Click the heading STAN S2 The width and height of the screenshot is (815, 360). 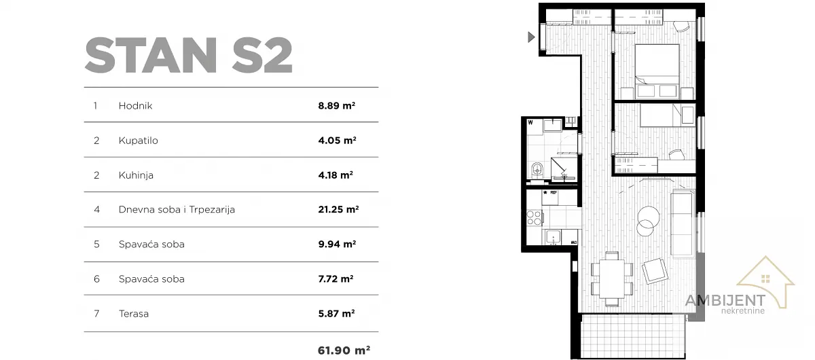click(x=189, y=55)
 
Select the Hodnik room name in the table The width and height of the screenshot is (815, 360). click(x=135, y=106)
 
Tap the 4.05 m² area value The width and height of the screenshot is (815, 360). click(x=337, y=141)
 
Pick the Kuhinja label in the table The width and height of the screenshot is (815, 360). click(x=136, y=175)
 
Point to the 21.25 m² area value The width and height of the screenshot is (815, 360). click(x=338, y=210)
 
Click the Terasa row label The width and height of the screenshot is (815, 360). click(x=134, y=314)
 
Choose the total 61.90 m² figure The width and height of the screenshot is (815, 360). click(x=344, y=350)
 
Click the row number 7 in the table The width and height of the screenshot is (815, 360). click(x=96, y=314)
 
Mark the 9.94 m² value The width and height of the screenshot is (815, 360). click(x=337, y=245)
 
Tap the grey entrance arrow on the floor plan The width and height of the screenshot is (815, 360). click(x=531, y=37)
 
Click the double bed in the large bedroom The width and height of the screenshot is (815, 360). click(x=657, y=71)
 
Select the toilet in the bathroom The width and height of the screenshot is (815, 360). click(x=537, y=170)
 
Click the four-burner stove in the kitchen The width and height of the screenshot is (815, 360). click(x=534, y=217)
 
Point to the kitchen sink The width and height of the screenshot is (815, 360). click(x=553, y=237)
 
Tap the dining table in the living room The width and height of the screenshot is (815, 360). click(x=612, y=278)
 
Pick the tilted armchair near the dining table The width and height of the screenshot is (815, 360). click(x=655, y=271)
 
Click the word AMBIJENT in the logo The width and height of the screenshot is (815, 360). click(x=725, y=300)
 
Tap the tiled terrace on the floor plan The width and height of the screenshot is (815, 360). click(x=634, y=336)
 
